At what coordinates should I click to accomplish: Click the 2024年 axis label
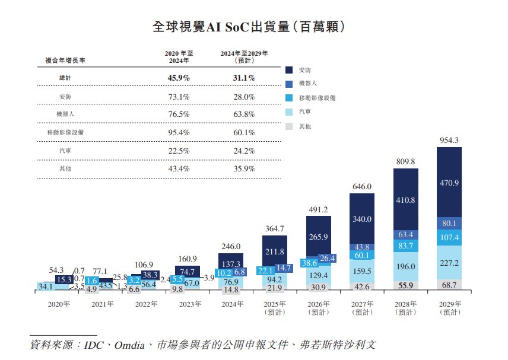coord(231,304)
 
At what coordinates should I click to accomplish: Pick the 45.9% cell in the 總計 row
coord(179,78)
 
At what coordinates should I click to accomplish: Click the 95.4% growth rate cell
coord(179,132)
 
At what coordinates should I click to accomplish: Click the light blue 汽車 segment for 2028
coord(406,267)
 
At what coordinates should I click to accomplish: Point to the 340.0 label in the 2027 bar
coord(362,219)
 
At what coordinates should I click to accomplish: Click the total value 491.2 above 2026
coord(318,209)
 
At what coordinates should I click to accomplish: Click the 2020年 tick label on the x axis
coord(58,304)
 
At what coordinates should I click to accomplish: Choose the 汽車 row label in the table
coord(65,151)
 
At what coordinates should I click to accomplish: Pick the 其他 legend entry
coord(304,126)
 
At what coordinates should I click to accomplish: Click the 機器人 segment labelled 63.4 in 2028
coord(406,234)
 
